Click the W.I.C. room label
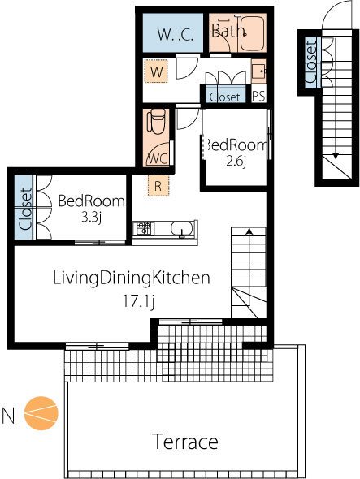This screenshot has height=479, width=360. pyautogui.click(x=175, y=35)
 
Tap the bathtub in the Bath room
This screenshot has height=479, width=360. pyautogui.click(x=252, y=33)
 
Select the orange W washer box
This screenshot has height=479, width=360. pyautogui.click(x=156, y=71)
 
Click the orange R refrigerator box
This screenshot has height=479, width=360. pyautogui.click(x=158, y=185)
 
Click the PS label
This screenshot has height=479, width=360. pyautogui.click(x=258, y=97)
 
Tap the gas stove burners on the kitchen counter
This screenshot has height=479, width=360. pyautogui.click(x=144, y=228)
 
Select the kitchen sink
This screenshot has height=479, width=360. pyautogui.click(x=182, y=229)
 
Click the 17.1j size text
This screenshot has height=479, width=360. pyautogui.click(x=138, y=301)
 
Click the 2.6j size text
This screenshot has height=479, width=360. pyautogui.click(x=236, y=162)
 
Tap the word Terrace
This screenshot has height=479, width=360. pyautogui.click(x=186, y=442)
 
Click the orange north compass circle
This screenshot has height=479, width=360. pyautogui.click(x=41, y=413)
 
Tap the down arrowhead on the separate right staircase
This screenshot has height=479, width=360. pyautogui.click(x=336, y=156)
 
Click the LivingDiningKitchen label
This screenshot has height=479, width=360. pyautogui.click(x=132, y=278)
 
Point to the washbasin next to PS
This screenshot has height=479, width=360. pyautogui.click(x=258, y=71)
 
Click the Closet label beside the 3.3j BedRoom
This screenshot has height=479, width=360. pyautogui.click(x=25, y=209)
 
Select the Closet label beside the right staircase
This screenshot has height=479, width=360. pyautogui.click(x=311, y=63)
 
